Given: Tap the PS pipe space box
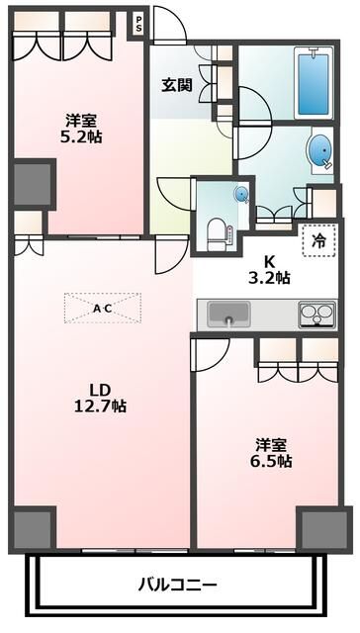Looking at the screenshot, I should tap(138, 23).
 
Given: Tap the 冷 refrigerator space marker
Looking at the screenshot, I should tap(318, 239).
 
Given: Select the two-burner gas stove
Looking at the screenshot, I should tap(317, 316).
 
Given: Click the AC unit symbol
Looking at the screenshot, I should tap(102, 308).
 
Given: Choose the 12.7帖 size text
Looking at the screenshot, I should tap(101, 405).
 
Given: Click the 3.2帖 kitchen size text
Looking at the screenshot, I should tap(269, 278).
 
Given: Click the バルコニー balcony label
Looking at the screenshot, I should tap(177, 584).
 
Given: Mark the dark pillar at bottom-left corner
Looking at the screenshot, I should tap(33, 529).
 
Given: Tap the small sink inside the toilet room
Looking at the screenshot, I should tap(240, 194).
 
